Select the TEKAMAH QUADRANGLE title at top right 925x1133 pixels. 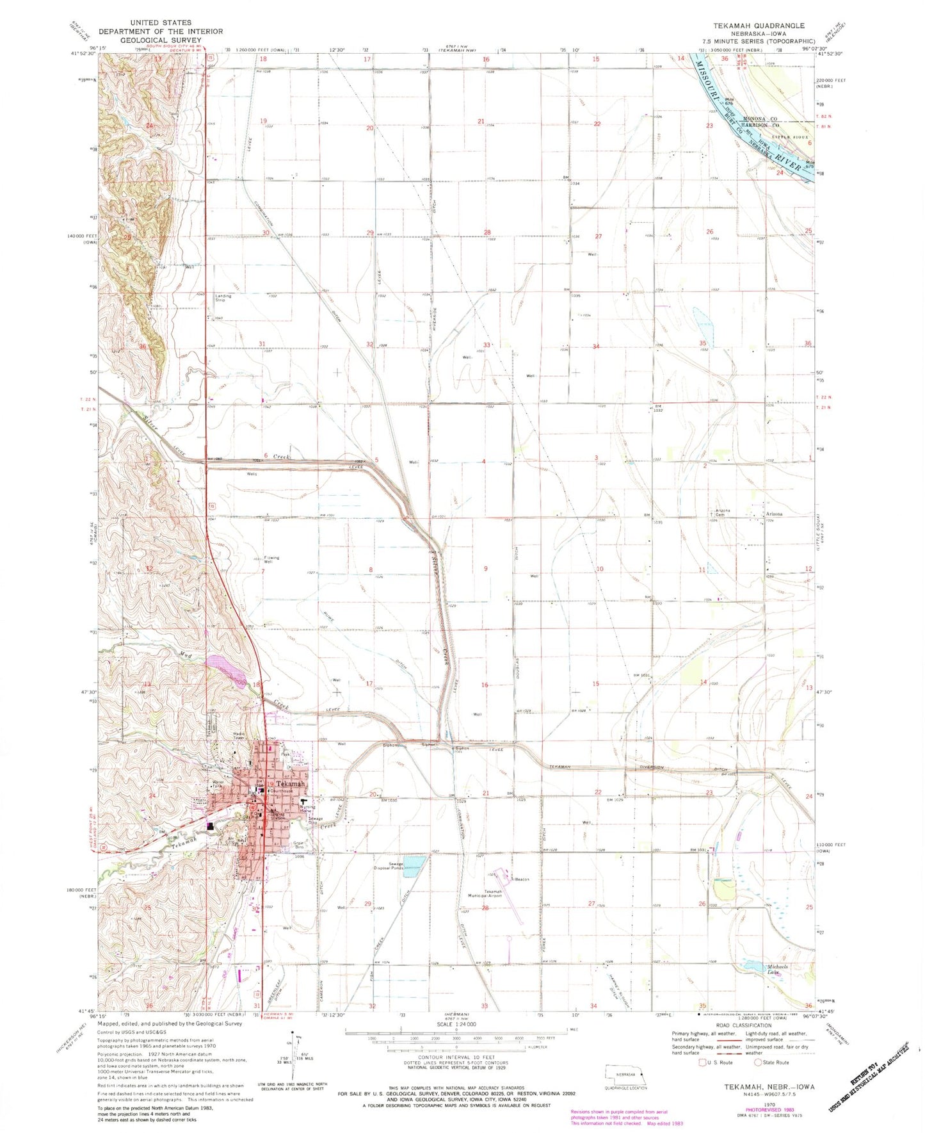[x=759, y=26]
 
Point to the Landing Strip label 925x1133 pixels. [x=223, y=298]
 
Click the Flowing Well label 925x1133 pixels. [x=271, y=559]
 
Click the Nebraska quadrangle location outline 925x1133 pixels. [x=626, y=1073]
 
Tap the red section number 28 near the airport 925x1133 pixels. [x=485, y=908]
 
